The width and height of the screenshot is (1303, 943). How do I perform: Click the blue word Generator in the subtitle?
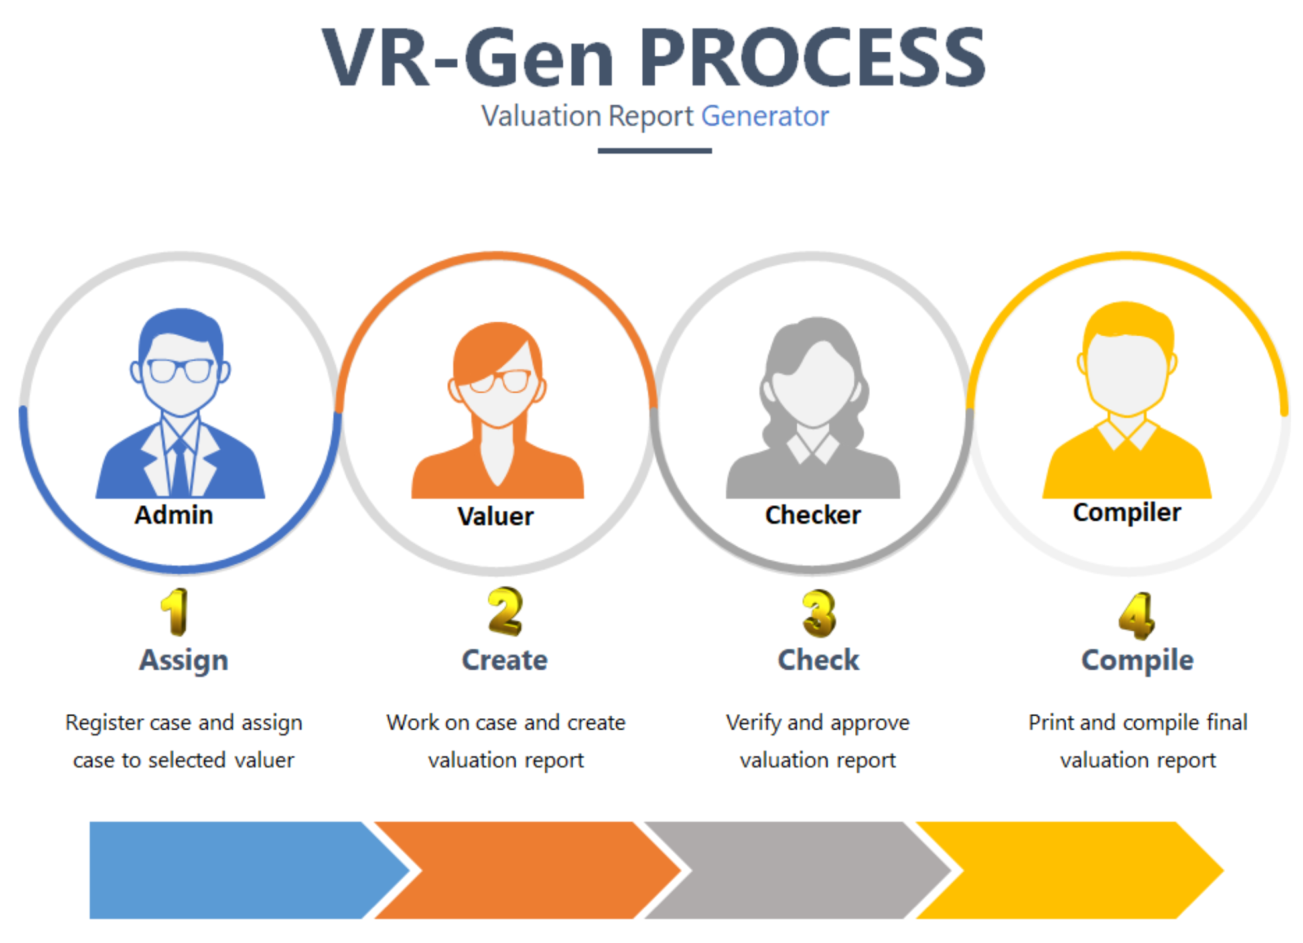pyautogui.click(x=764, y=116)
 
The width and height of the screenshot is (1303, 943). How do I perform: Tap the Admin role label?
pyautogui.click(x=174, y=515)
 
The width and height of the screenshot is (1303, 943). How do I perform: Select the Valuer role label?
pyautogui.click(x=496, y=516)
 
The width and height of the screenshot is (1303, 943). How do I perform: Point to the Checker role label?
pyautogui.click(x=813, y=515)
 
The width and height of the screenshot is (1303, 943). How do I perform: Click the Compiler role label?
pyautogui.click(x=1127, y=513)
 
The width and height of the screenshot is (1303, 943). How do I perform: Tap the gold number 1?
pyautogui.click(x=174, y=611)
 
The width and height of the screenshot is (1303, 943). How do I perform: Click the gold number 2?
pyautogui.click(x=505, y=611)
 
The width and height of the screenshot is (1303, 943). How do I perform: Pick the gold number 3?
pyautogui.click(x=819, y=613)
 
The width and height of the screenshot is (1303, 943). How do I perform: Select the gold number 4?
pyautogui.click(x=1136, y=616)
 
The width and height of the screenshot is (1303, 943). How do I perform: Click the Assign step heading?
pyautogui.click(x=184, y=660)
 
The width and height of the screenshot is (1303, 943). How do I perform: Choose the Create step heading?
pyautogui.click(x=505, y=660)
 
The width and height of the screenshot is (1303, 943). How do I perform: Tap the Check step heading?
pyautogui.click(x=819, y=660)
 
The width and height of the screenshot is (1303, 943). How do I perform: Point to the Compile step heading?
pyautogui.click(x=1138, y=660)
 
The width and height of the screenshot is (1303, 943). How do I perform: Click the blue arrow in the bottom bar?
pyautogui.click(x=239, y=870)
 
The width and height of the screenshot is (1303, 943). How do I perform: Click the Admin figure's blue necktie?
pyautogui.click(x=180, y=468)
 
